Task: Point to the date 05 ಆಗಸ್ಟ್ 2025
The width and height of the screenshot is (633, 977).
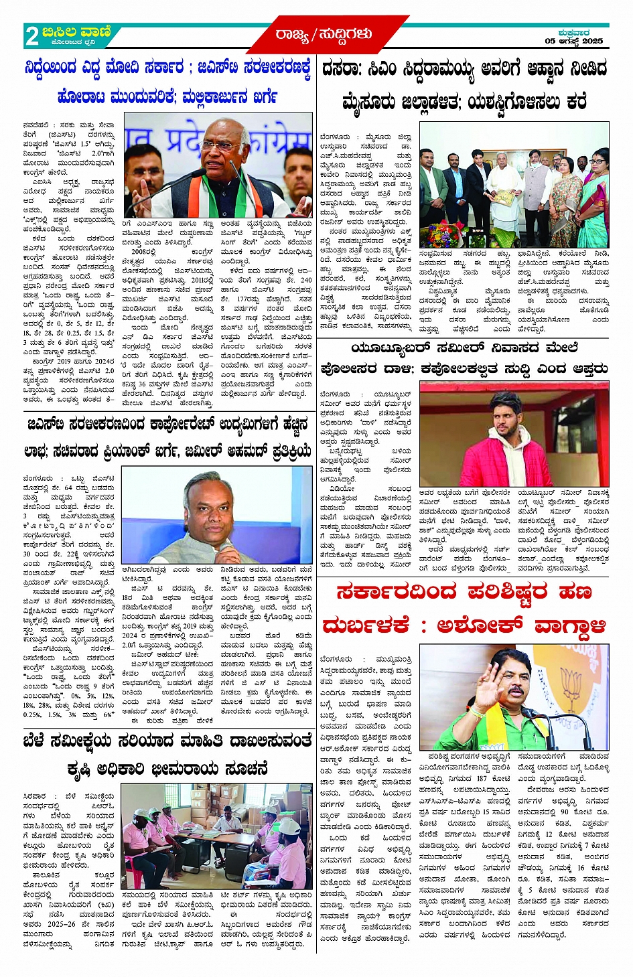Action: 573,42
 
